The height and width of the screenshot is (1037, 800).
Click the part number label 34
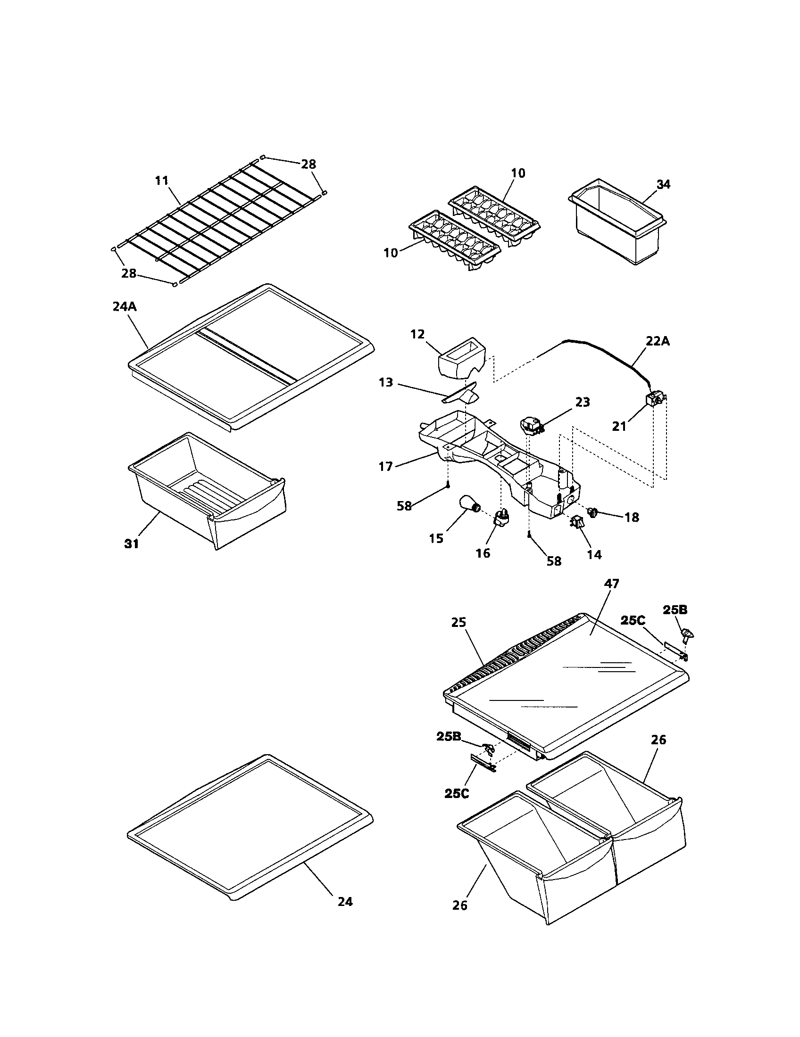pos(663,184)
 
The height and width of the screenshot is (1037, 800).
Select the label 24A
pos(125,307)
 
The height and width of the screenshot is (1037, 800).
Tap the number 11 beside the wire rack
pos(161,181)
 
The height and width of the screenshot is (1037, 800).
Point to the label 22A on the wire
pos(658,341)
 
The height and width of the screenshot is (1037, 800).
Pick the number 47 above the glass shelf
pos(611,584)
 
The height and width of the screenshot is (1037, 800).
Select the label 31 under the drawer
pos(132,544)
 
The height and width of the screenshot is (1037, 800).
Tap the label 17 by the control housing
pos(385,467)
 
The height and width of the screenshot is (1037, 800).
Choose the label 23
pos(582,402)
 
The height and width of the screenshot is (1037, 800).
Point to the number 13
pos(386,382)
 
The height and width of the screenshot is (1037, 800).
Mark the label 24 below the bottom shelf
pos(345,901)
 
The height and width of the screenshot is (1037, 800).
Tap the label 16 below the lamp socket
pos(483,553)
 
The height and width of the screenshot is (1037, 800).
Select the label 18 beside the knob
pos(631,518)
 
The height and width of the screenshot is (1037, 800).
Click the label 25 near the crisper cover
pos(458,622)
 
